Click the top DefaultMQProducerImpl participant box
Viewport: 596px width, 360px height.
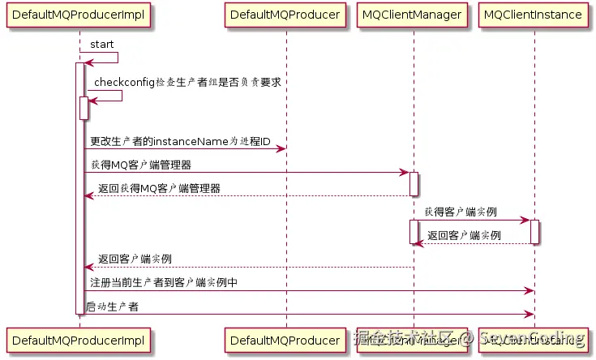click(79, 15)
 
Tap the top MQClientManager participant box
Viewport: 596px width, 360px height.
click(413, 15)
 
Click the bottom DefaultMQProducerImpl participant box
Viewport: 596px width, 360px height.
click(79, 339)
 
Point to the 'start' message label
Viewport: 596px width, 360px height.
click(101, 43)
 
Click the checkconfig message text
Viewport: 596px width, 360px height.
click(187, 82)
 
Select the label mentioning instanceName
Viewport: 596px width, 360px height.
click(180, 141)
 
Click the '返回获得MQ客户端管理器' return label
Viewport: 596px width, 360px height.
click(158, 188)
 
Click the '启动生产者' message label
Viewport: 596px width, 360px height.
click(113, 306)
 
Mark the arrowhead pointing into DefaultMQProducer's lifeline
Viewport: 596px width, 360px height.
click(281, 148)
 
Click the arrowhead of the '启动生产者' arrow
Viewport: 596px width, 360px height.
click(530, 314)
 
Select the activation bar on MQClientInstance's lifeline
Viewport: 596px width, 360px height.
click(534, 232)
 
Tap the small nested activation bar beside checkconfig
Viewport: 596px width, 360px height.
click(84, 107)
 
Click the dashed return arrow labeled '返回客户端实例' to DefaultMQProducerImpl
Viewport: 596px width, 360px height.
click(243, 267)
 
